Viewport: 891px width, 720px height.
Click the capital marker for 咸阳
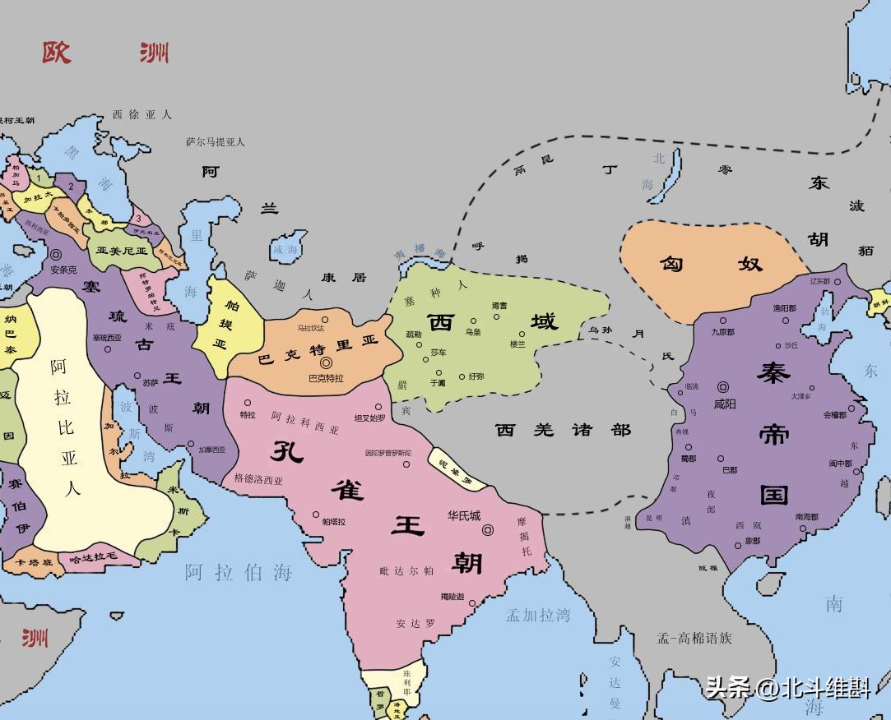click(723, 386)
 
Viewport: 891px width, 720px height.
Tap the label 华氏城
click(464, 516)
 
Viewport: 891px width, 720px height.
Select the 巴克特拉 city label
click(326, 378)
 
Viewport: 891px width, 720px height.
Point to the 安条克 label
click(63, 269)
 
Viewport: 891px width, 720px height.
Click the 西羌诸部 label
click(564, 430)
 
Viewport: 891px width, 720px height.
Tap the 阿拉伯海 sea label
click(239, 573)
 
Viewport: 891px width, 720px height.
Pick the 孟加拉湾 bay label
click(538, 615)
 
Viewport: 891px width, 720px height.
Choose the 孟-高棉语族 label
click(694, 637)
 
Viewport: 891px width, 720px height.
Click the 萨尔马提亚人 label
click(216, 141)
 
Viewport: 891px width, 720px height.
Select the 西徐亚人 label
click(142, 115)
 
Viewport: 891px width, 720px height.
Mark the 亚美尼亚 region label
click(121, 251)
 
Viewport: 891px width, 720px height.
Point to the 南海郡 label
click(807, 517)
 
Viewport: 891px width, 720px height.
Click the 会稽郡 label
click(834, 415)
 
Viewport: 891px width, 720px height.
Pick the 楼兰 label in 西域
click(517, 344)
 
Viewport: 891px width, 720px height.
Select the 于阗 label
click(438, 382)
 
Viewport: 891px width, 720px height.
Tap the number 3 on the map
click(140, 219)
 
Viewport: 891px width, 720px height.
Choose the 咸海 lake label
click(285, 249)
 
